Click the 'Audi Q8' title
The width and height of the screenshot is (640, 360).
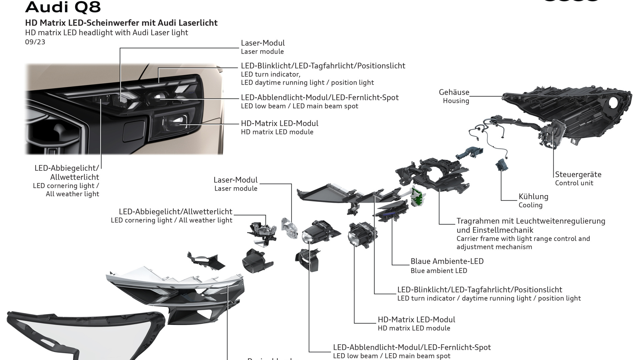[x=63, y=7]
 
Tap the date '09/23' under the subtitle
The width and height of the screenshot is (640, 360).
[x=35, y=42]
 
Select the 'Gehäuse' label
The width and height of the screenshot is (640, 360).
[x=454, y=92]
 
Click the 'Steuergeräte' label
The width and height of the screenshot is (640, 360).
[x=578, y=174]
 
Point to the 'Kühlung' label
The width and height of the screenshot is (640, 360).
[x=533, y=197]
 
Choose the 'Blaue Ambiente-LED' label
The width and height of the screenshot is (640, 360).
[x=447, y=261]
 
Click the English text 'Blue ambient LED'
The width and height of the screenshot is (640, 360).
[x=439, y=271]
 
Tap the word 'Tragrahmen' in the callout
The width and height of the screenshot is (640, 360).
[x=476, y=221]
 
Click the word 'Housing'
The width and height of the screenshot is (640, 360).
[x=456, y=101]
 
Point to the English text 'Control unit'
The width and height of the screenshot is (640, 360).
[x=574, y=183]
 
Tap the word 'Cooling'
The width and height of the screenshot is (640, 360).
[x=530, y=205]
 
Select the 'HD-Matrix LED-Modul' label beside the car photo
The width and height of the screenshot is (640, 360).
[x=279, y=123]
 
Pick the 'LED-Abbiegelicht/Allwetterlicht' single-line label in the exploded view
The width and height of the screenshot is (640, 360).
[x=175, y=212]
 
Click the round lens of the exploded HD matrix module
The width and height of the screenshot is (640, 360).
[x=353, y=237]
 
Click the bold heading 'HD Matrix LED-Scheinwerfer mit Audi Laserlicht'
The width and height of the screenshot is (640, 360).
[x=121, y=23]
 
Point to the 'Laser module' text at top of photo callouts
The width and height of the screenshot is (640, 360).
[x=262, y=52]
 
